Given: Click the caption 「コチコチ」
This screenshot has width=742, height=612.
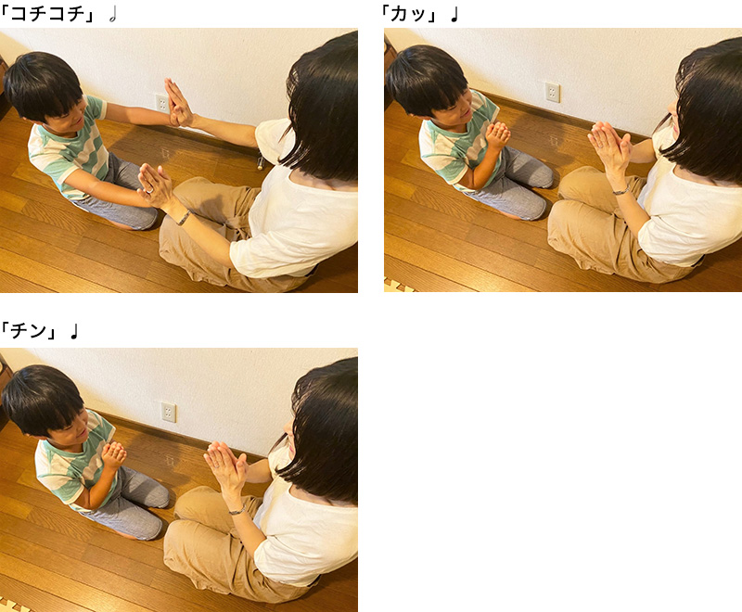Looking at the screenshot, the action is (48, 14).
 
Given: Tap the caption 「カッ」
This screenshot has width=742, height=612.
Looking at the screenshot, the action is (410, 14).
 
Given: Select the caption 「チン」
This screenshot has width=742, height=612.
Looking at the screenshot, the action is (30, 330).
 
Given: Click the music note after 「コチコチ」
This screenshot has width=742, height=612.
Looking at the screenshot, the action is (112, 15).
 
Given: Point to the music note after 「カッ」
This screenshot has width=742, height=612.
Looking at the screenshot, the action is (454, 15).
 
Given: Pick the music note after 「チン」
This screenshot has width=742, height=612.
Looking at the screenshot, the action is (74, 331).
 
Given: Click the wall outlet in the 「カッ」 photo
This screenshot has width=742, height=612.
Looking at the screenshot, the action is (552, 92).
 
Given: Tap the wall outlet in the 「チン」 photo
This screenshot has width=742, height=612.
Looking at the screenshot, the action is (168, 412).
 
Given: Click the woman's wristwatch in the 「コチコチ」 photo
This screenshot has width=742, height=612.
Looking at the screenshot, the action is (184, 218).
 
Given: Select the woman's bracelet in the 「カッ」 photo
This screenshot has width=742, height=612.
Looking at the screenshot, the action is (620, 191).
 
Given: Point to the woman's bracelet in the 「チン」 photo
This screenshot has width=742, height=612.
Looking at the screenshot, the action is (237, 511).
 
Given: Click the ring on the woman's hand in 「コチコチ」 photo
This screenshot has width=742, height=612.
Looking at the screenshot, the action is (149, 191).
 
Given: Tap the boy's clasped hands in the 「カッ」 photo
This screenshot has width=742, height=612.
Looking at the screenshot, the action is (498, 135).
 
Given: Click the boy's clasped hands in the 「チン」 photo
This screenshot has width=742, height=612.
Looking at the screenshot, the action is (114, 456).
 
